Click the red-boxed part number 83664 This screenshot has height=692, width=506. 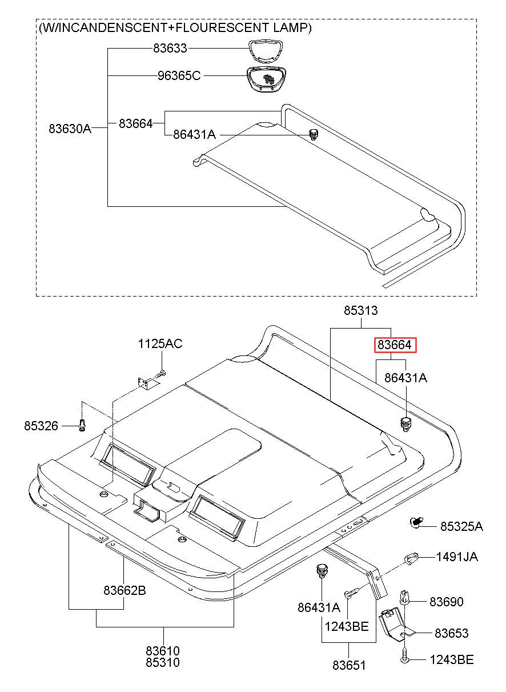(x=395, y=345)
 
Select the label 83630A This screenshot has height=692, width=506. (x=70, y=128)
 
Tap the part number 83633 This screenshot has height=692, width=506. (x=170, y=48)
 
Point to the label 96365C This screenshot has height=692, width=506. (x=179, y=75)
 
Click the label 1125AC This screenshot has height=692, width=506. (x=160, y=343)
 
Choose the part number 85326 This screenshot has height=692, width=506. (x=41, y=426)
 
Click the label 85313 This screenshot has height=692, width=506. (x=361, y=310)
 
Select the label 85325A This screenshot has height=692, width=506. (x=461, y=526)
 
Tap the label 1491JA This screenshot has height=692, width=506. (x=457, y=557)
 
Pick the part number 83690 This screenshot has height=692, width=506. (x=447, y=602)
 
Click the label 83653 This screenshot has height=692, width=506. (x=452, y=633)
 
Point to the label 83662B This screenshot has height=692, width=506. (x=125, y=590)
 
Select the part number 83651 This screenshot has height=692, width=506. (x=349, y=665)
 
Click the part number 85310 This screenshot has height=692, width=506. (x=163, y=662)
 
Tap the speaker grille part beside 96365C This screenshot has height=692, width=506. (x=266, y=79)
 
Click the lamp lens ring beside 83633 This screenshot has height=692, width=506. (x=266, y=51)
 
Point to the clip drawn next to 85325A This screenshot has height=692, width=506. (x=416, y=523)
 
